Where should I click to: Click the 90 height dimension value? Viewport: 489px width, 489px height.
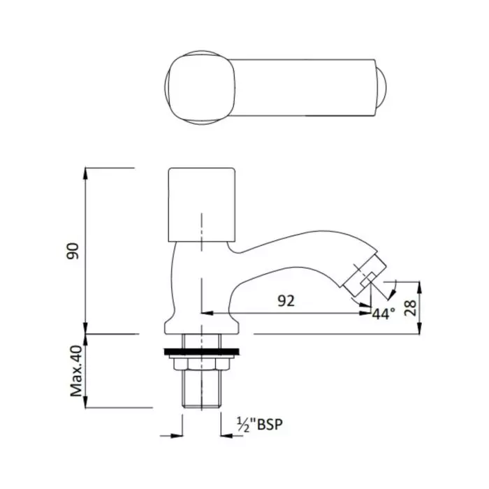click(71, 250)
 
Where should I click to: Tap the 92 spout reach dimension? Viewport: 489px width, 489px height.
click(285, 300)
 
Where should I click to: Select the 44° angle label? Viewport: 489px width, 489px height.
click(384, 314)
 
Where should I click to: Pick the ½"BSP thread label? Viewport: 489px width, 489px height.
click(261, 423)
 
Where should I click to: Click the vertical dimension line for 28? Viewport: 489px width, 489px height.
click(420, 307)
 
